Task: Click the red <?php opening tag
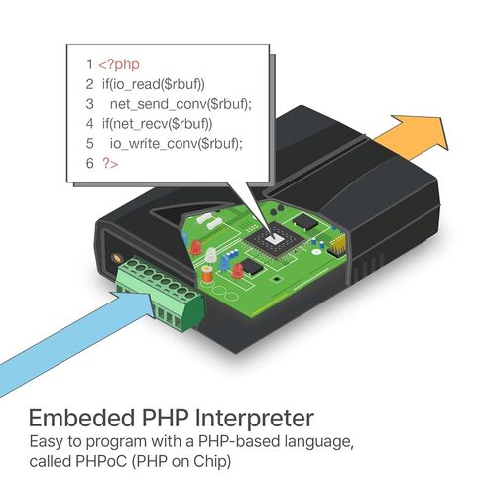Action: coord(119,64)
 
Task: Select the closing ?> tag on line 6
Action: coord(110,163)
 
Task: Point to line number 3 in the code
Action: coord(89,104)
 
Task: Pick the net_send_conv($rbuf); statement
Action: coord(181,104)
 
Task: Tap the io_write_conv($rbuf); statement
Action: coord(177,144)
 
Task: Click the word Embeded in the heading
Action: coord(82,418)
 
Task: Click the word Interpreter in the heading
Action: coord(254,419)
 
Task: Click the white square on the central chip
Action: coord(274,238)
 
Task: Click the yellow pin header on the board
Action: coord(337,246)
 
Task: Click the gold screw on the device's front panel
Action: coord(116,257)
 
